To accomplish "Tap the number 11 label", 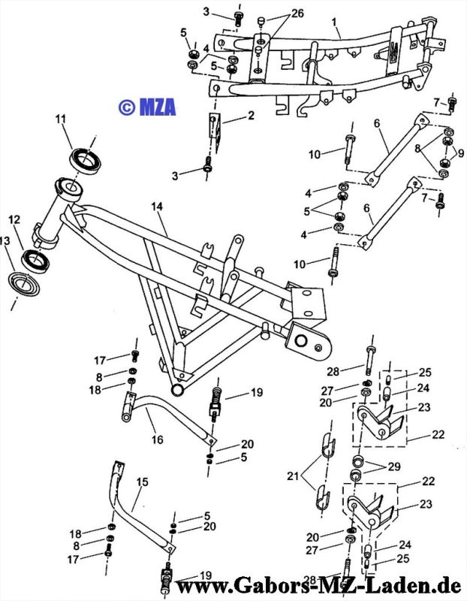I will point(61,119).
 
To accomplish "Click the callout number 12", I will point(14,220).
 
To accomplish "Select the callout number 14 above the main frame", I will point(156,206).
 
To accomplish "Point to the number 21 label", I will point(293,476).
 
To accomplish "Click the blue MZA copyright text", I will point(147,107).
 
